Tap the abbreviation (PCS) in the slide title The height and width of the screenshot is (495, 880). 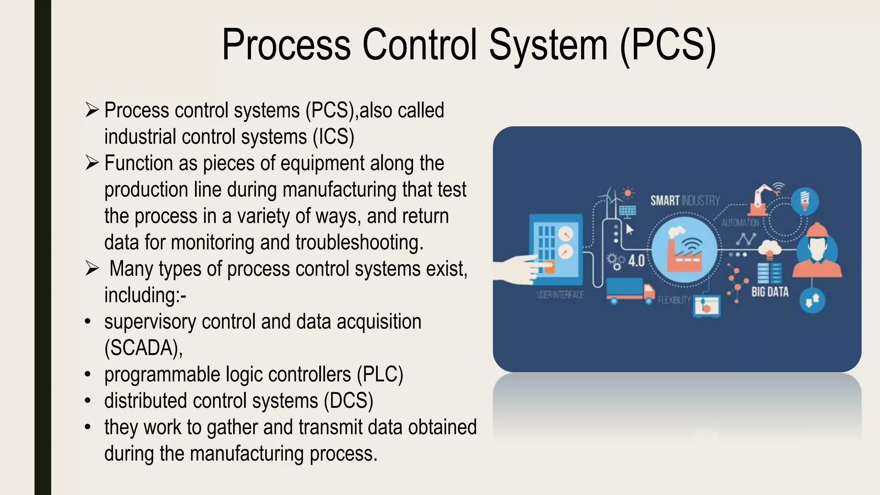coord(668,45)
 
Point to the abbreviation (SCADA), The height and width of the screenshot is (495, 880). coord(144,348)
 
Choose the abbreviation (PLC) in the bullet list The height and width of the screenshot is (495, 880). coord(380,374)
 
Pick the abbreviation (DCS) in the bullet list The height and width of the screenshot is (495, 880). coord(348,401)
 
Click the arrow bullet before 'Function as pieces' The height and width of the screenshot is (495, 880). coord(92,163)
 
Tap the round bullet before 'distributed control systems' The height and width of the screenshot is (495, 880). coord(88,401)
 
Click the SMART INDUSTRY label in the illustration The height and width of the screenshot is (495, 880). coord(684,201)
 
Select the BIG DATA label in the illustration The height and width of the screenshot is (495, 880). coord(770,292)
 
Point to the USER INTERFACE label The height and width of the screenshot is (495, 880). coord(560,295)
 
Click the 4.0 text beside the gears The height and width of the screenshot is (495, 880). coord(636,260)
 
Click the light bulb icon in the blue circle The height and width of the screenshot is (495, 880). coord(805,200)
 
